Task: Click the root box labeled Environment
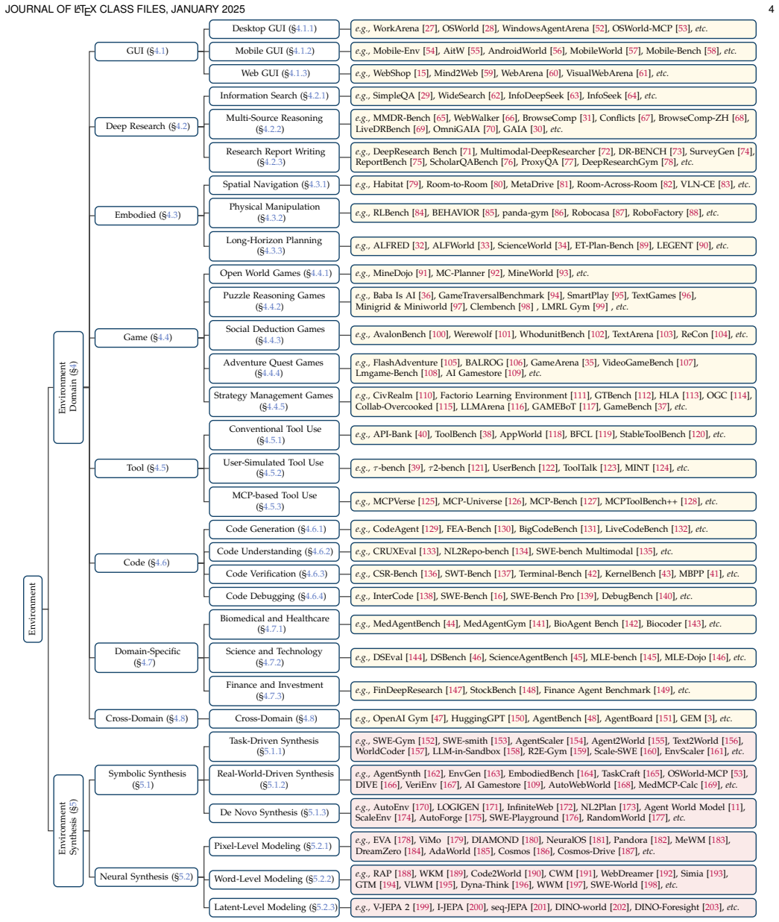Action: click(x=33, y=609)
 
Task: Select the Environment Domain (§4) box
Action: click(x=68, y=387)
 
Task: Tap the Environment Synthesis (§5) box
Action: click(x=68, y=830)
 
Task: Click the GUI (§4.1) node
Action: click(x=146, y=51)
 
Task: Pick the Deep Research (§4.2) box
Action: click(x=146, y=127)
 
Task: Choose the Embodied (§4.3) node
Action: click(x=146, y=216)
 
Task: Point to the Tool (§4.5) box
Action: click(x=146, y=468)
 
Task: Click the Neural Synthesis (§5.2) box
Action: click(x=146, y=877)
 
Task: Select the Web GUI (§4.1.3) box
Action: click(x=274, y=74)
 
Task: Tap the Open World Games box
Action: click(x=274, y=274)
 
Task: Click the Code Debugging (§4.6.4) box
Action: click(x=274, y=596)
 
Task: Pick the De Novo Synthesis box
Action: click(x=274, y=812)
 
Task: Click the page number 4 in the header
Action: click(x=771, y=9)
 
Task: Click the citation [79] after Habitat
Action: click(x=414, y=185)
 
